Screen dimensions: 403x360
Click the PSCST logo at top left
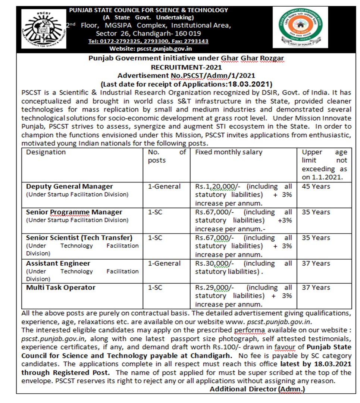tap(43, 28)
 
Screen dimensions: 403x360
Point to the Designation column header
tap(46, 152)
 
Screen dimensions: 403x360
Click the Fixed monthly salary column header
tap(229, 152)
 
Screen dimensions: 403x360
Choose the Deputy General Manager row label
tap(69, 187)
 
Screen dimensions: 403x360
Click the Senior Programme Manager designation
tap(74, 212)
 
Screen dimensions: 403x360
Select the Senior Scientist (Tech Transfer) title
tap(79, 238)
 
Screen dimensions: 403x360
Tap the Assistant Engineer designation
tap(58, 263)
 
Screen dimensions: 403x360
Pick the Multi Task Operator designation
tap(61, 288)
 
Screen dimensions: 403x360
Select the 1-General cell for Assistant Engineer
tap(164, 263)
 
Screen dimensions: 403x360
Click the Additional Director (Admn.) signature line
tap(257, 389)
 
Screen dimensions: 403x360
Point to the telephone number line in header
tap(148, 41)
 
